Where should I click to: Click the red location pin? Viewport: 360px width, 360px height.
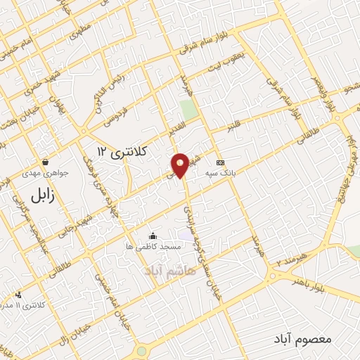click(x=181, y=165)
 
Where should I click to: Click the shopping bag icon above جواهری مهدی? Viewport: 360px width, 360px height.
click(x=46, y=161)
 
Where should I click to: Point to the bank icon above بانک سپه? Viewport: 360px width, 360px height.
click(x=220, y=161)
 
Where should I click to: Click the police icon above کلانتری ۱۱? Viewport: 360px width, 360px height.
click(x=18, y=295)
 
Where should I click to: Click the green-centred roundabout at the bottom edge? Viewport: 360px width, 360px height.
click(x=142, y=351)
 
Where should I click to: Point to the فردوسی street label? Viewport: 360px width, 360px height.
click(x=110, y=112)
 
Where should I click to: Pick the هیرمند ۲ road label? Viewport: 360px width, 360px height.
click(x=292, y=262)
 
